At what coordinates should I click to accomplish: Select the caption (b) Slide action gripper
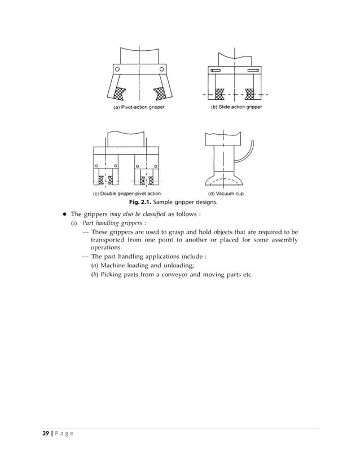pos(236,107)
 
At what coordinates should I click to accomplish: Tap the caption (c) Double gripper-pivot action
pos(126,194)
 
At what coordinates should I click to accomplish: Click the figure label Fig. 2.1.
pos(142,201)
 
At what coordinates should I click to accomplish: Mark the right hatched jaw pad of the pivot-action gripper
pos(159,92)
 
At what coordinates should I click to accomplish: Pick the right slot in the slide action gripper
pos(251,71)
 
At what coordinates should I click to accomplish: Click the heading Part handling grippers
pos(107,223)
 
